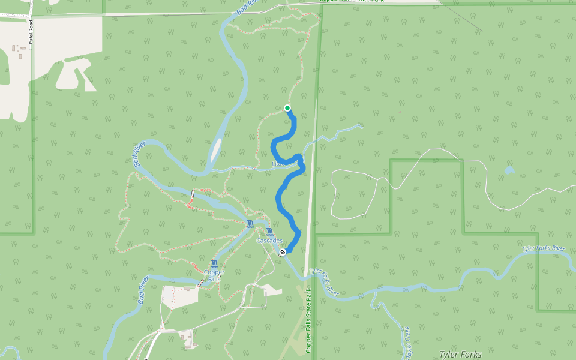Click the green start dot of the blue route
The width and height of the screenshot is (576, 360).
(x=287, y=108)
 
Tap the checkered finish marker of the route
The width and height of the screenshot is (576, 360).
(x=282, y=252)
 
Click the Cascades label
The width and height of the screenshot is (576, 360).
(x=269, y=241)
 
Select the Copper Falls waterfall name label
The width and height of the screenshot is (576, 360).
(x=214, y=276)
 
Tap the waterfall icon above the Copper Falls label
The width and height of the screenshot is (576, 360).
(x=214, y=263)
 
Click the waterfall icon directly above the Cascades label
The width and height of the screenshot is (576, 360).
(x=269, y=232)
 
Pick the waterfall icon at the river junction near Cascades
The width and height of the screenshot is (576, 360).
(x=250, y=224)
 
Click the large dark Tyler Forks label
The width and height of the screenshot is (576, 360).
(x=460, y=355)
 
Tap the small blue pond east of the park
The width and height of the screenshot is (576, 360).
(x=509, y=170)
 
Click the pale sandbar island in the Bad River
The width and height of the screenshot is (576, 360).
(x=215, y=151)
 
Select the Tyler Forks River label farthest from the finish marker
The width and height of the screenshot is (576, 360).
(x=544, y=248)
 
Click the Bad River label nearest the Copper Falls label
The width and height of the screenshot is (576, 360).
(x=142, y=291)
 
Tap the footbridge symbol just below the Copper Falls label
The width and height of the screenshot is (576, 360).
(x=200, y=283)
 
